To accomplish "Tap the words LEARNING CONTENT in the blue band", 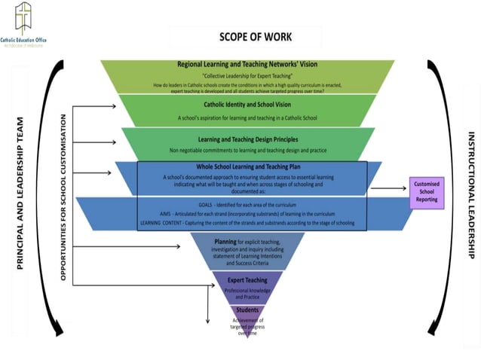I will (161, 224).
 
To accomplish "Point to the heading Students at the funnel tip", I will (247, 310).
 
